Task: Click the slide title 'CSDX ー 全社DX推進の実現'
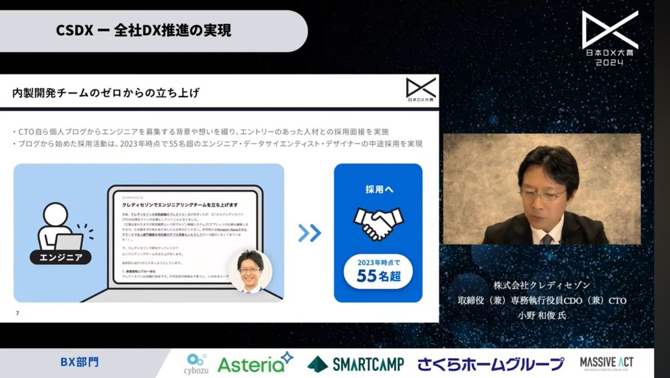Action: coord(143,31)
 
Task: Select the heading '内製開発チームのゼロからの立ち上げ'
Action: coord(106,93)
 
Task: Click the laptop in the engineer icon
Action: coord(69,241)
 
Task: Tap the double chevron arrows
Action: coord(309,233)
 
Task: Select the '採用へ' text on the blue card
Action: coord(378,190)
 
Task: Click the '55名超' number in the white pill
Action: coord(378,275)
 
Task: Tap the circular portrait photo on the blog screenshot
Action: coord(250,270)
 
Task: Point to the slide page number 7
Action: coord(17,313)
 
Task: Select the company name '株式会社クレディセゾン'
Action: coord(542,285)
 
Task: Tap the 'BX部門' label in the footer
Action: coord(80,362)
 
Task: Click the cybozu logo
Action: coord(196,363)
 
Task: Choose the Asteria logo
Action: coord(255,363)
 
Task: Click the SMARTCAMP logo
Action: coord(356,363)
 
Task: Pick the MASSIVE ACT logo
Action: coord(606,363)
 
